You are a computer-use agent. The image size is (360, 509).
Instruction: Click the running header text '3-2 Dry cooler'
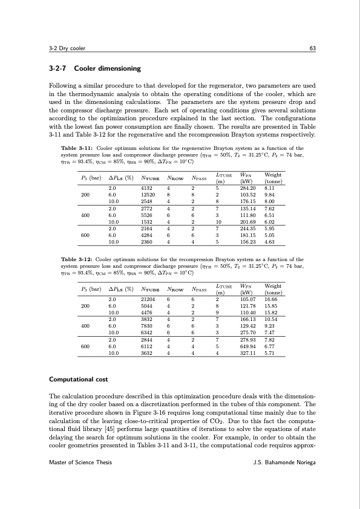point(67,48)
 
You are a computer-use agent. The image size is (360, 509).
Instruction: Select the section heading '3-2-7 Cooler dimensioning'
point(94,68)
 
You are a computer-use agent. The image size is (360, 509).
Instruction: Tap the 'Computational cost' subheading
point(78,380)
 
